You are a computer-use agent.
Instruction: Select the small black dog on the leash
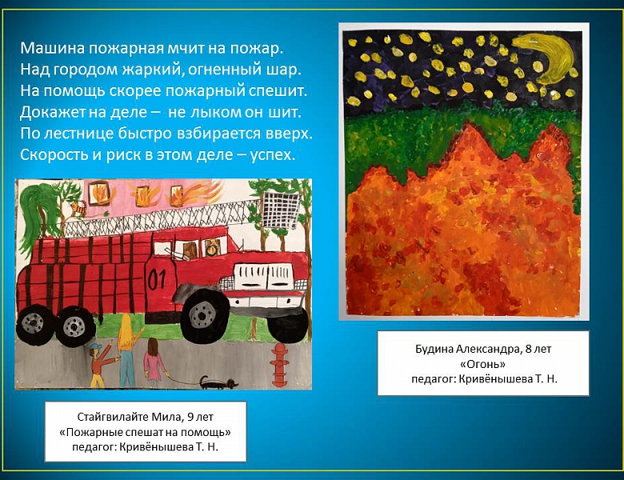214,382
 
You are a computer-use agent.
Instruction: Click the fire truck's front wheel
201,315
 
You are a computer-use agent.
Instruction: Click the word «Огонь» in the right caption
482,363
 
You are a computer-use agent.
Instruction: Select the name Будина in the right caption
437,349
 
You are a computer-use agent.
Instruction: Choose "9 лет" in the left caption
197,418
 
